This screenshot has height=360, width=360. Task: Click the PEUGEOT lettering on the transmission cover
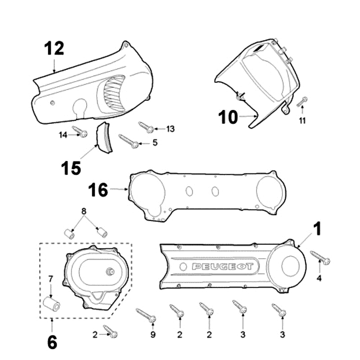222,267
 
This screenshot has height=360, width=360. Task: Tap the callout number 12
54,49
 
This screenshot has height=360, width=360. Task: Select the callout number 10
228,117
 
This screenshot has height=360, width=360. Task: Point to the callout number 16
99,190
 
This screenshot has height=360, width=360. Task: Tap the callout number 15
72,168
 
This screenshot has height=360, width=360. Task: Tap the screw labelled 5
128,140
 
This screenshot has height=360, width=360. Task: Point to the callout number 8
83,211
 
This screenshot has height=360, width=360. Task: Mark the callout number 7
50,279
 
